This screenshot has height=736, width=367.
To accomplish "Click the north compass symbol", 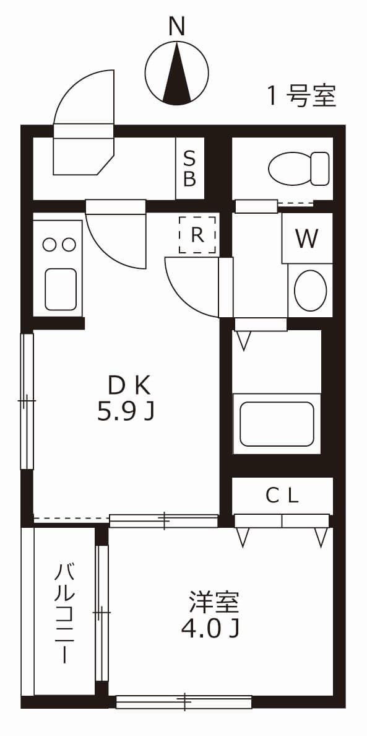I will [x=177, y=72].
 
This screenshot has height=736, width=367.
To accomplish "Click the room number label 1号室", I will [x=301, y=96].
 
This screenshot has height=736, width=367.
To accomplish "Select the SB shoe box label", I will [x=189, y=169].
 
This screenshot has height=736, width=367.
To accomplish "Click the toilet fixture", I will [x=300, y=167].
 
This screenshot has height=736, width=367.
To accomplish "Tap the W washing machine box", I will [x=307, y=239].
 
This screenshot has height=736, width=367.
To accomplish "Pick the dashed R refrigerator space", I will [x=197, y=235].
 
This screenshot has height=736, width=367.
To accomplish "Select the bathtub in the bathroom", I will [x=277, y=424].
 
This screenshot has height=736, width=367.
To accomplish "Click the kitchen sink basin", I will [x=61, y=289].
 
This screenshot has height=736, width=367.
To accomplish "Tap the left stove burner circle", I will [x=50, y=245].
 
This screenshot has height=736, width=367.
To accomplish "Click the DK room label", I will [x=129, y=386].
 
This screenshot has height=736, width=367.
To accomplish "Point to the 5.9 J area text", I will [x=125, y=412].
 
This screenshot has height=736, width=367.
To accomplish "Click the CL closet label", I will [x=282, y=495].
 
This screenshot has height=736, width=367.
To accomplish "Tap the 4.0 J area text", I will [x=210, y=629].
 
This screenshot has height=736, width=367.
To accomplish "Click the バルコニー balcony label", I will [x=65, y=613].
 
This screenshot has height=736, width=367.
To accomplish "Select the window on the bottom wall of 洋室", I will [x=184, y=701].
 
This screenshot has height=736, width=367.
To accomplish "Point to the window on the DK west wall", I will [x=27, y=401].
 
